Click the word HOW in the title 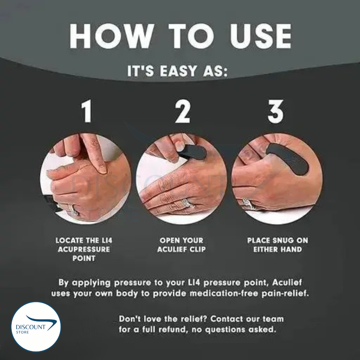pos(112,36)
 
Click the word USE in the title pos(261,36)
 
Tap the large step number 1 pos(87,111)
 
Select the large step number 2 pos(183,111)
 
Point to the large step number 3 pos(276,111)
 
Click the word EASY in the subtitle pos(178,71)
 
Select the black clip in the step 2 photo pos(192,152)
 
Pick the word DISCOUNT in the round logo pos(31,327)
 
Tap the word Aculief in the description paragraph pos(287,282)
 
